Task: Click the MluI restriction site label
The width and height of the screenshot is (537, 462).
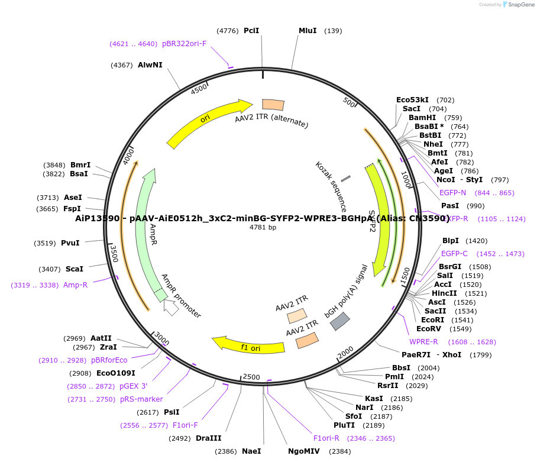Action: tap(308, 31)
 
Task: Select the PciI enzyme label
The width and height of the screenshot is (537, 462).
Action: tap(251, 31)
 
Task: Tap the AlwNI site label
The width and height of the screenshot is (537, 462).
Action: tap(150, 65)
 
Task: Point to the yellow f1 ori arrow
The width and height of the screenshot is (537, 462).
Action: tap(248, 346)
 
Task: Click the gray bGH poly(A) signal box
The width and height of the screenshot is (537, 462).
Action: tap(339, 321)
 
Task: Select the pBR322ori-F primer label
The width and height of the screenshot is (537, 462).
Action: tap(184, 44)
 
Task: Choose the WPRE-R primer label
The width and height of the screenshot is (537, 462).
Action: tap(423, 342)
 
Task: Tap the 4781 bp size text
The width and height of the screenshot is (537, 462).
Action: tap(263, 227)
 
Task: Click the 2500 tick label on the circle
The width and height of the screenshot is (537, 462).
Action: tap(251, 377)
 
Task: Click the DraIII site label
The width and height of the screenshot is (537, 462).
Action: tap(208, 438)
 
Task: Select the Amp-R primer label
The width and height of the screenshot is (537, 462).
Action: tap(75, 285)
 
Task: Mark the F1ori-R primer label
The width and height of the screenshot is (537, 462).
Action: tap(326, 438)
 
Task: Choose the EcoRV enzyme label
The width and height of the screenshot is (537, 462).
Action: tap(429, 329)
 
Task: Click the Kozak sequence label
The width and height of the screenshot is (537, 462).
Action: tap(331, 187)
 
